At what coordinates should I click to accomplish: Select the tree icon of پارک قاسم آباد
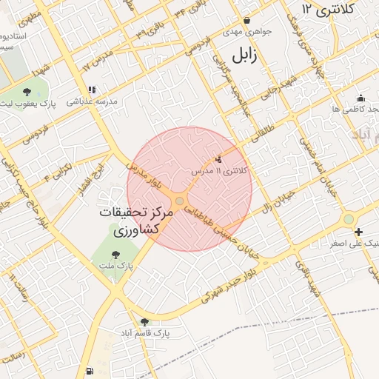click(144, 322)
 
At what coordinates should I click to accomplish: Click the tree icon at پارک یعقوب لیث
click(27, 93)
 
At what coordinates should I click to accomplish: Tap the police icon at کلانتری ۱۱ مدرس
click(218, 159)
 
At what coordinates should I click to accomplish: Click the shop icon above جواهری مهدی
click(246, 20)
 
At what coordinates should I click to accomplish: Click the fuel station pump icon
click(90, 369)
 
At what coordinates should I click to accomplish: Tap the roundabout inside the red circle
click(181, 201)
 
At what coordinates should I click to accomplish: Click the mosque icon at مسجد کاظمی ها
click(360, 98)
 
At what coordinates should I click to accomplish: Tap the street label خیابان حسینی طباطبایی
click(222, 229)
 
